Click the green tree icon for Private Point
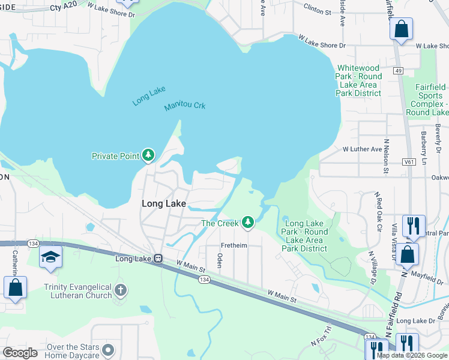coord(148,156)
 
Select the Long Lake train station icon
coord(158,259)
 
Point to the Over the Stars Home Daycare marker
coord(108,349)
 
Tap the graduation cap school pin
coord(50,257)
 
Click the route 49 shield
coord(398,71)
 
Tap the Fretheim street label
coord(234,245)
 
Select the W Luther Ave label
coord(362,149)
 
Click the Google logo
coord(20,353)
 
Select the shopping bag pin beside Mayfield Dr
coord(407,254)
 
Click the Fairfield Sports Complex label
coord(431,100)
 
